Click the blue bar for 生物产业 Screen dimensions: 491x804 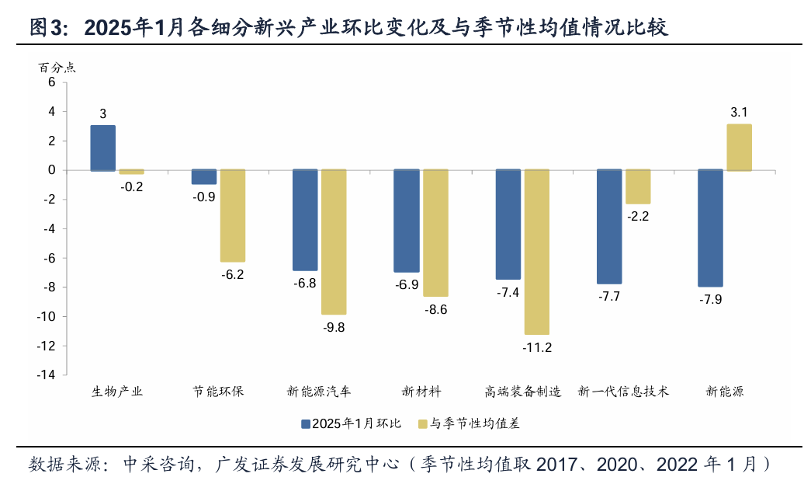[103, 148]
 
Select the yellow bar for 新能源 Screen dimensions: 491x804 [739, 147]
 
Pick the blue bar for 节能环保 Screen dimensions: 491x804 [204, 176]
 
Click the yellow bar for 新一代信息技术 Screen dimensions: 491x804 [638, 186]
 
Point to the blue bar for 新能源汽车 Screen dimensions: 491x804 [305, 220]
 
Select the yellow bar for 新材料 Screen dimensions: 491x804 [435, 233]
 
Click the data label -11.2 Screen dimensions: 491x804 [537, 347]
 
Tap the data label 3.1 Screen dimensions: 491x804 [739, 113]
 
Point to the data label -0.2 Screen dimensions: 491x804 [132, 186]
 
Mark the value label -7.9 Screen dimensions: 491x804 [710, 299]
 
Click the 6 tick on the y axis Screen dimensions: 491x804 [52, 82]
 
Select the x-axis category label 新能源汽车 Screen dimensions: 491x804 [319, 391]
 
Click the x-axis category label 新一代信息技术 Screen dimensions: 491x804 [623, 391]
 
